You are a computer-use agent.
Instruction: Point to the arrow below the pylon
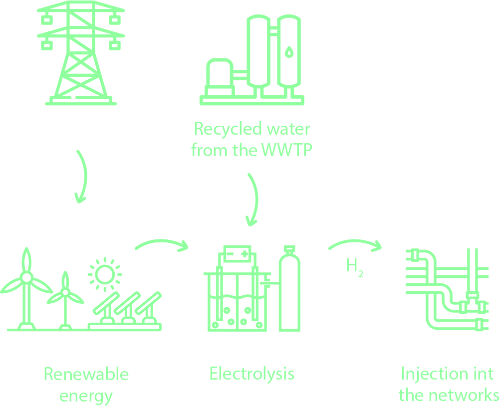point(82,177)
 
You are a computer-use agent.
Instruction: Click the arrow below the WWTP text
point(253,200)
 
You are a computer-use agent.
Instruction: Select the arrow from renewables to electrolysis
point(161,244)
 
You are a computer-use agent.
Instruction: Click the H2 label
point(354,266)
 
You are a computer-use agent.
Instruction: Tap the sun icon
point(104,273)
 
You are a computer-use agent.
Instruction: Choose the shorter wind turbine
point(65,299)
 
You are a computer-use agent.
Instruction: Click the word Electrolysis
point(252,374)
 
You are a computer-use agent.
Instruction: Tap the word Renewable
point(86,374)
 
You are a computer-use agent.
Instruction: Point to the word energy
point(86,396)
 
